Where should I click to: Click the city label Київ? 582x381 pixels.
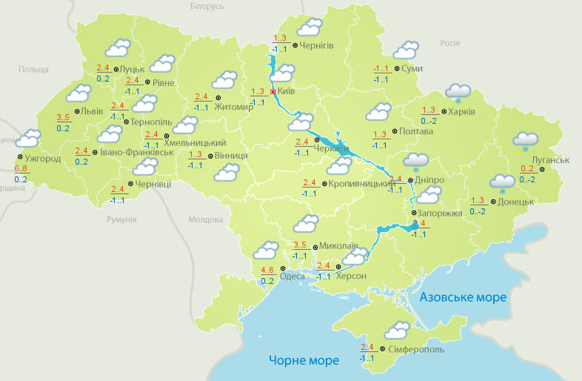[286, 92]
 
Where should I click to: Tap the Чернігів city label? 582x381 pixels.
[317, 45]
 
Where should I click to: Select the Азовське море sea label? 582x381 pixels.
[463, 297]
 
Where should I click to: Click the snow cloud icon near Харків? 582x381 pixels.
[458, 93]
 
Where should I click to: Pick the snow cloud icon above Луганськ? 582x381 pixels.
[525, 140]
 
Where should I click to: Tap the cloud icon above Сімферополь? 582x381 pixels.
[397, 331]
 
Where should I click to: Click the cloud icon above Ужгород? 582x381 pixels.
[28, 139]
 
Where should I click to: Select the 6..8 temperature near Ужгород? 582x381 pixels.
[21, 170]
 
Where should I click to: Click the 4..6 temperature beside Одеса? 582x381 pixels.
[268, 270]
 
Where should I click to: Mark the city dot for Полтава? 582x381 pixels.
[393, 131]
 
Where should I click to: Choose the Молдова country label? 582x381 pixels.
[205, 220]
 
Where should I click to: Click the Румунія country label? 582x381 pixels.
[121, 220]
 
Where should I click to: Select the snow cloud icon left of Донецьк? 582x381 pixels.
[502, 182]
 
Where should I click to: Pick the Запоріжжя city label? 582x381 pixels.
[441, 213]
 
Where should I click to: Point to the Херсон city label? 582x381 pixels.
[351, 276]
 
